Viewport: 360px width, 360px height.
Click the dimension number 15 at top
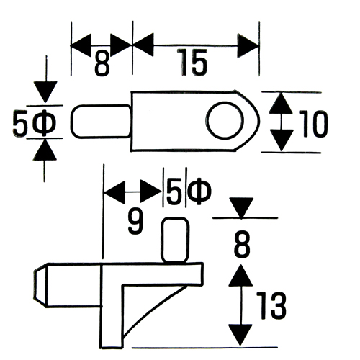[x=192, y=63]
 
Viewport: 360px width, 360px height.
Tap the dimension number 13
[x=271, y=305]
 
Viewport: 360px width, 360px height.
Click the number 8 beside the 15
[x=102, y=63]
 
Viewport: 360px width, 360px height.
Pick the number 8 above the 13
[x=242, y=244]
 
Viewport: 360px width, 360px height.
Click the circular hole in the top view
[x=225, y=121]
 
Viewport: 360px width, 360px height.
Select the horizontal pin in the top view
[x=101, y=122]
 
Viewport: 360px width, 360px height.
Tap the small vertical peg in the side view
[x=175, y=240]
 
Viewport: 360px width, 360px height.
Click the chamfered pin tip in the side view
[x=40, y=285]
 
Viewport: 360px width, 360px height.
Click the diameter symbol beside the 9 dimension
[x=199, y=192]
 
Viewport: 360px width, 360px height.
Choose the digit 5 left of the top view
[x=19, y=124]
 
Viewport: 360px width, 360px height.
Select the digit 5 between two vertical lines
[x=174, y=191]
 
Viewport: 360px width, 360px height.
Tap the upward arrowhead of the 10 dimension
[x=280, y=103]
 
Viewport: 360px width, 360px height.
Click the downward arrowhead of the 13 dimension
[x=240, y=335]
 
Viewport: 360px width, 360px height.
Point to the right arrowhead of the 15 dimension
[x=248, y=45]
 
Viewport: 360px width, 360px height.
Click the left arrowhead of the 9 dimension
[x=114, y=192]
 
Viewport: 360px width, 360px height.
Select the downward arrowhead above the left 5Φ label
[x=45, y=92]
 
